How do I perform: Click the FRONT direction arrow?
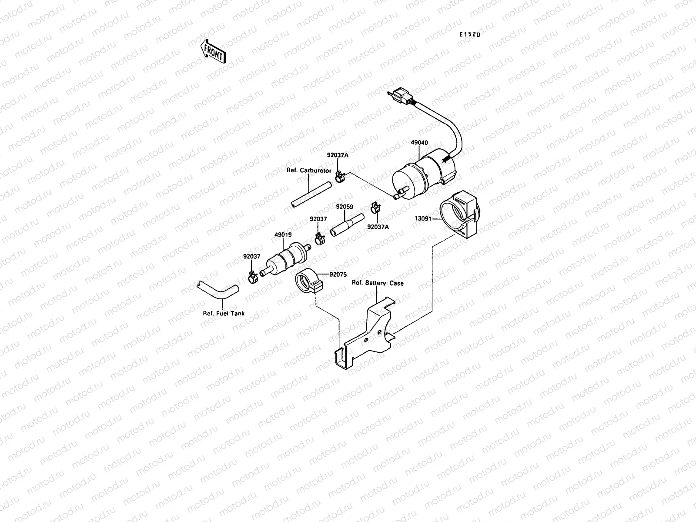[213, 52]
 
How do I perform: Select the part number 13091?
[423, 218]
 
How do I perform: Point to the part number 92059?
[345, 207]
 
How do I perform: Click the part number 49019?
[283, 234]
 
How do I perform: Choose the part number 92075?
[338, 274]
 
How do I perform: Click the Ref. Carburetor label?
[309, 171]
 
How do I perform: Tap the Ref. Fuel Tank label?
[224, 313]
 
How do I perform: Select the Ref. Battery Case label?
[378, 283]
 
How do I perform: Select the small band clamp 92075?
[308, 281]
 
